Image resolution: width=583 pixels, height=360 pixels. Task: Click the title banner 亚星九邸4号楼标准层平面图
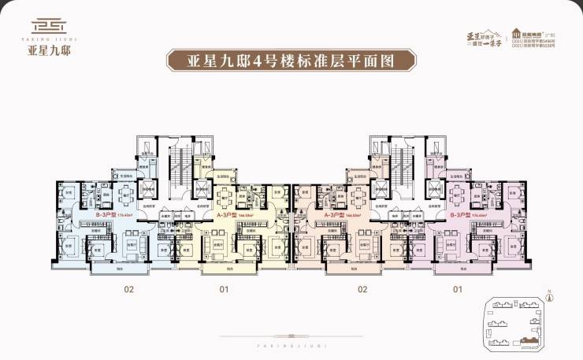(291, 60)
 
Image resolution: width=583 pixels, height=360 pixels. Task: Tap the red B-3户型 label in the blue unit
(108, 213)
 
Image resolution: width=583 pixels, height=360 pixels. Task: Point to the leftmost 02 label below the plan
(128, 289)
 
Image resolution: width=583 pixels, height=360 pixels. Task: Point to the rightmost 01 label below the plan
(457, 289)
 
